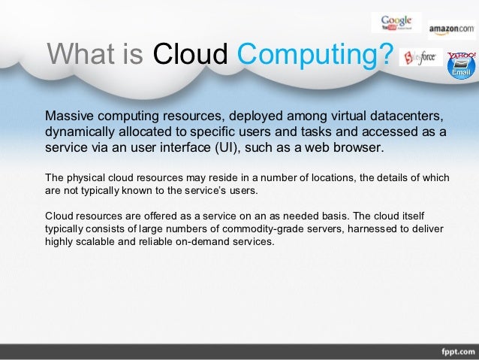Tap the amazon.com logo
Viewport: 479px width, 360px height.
click(x=452, y=29)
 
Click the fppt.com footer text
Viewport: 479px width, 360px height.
click(x=453, y=351)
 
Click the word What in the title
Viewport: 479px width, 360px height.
click(x=74, y=54)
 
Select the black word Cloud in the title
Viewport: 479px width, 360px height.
click(x=190, y=54)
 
